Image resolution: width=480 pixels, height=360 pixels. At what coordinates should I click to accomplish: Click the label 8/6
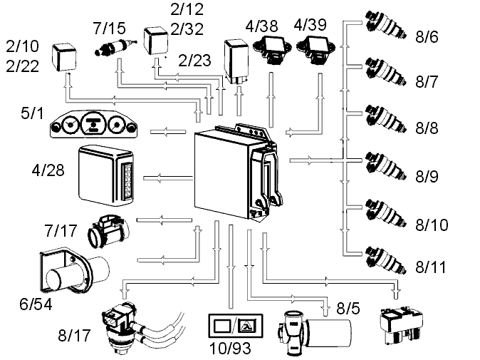click(x=427, y=37)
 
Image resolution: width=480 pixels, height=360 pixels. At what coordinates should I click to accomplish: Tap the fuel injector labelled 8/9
click(x=386, y=166)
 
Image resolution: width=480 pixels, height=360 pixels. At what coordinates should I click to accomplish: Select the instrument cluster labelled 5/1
click(x=94, y=124)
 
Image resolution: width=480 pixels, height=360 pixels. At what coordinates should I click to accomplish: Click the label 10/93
click(x=230, y=349)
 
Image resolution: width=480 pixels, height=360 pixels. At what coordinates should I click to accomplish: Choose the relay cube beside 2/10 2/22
click(x=63, y=57)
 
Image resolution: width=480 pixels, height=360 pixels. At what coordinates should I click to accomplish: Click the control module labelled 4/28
click(x=106, y=175)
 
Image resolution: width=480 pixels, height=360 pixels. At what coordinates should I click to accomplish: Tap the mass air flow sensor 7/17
click(x=109, y=231)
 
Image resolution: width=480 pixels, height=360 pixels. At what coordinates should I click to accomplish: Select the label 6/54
click(x=36, y=304)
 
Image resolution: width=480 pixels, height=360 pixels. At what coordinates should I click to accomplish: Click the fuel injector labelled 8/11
click(x=386, y=260)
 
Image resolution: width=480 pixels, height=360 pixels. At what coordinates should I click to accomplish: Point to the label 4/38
click(x=262, y=26)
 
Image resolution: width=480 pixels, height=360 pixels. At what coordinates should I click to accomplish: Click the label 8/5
click(x=348, y=308)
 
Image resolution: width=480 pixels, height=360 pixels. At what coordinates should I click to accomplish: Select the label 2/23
click(x=194, y=61)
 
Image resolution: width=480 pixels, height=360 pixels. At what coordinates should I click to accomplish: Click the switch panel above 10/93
click(x=236, y=326)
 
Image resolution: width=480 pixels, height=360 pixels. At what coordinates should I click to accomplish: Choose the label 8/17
click(x=74, y=335)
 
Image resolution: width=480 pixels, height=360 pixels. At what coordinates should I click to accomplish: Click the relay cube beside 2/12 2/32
click(x=156, y=41)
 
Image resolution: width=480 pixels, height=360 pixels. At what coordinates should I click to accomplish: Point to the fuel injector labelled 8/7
click(x=386, y=72)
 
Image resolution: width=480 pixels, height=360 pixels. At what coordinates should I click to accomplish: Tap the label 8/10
click(x=432, y=225)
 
